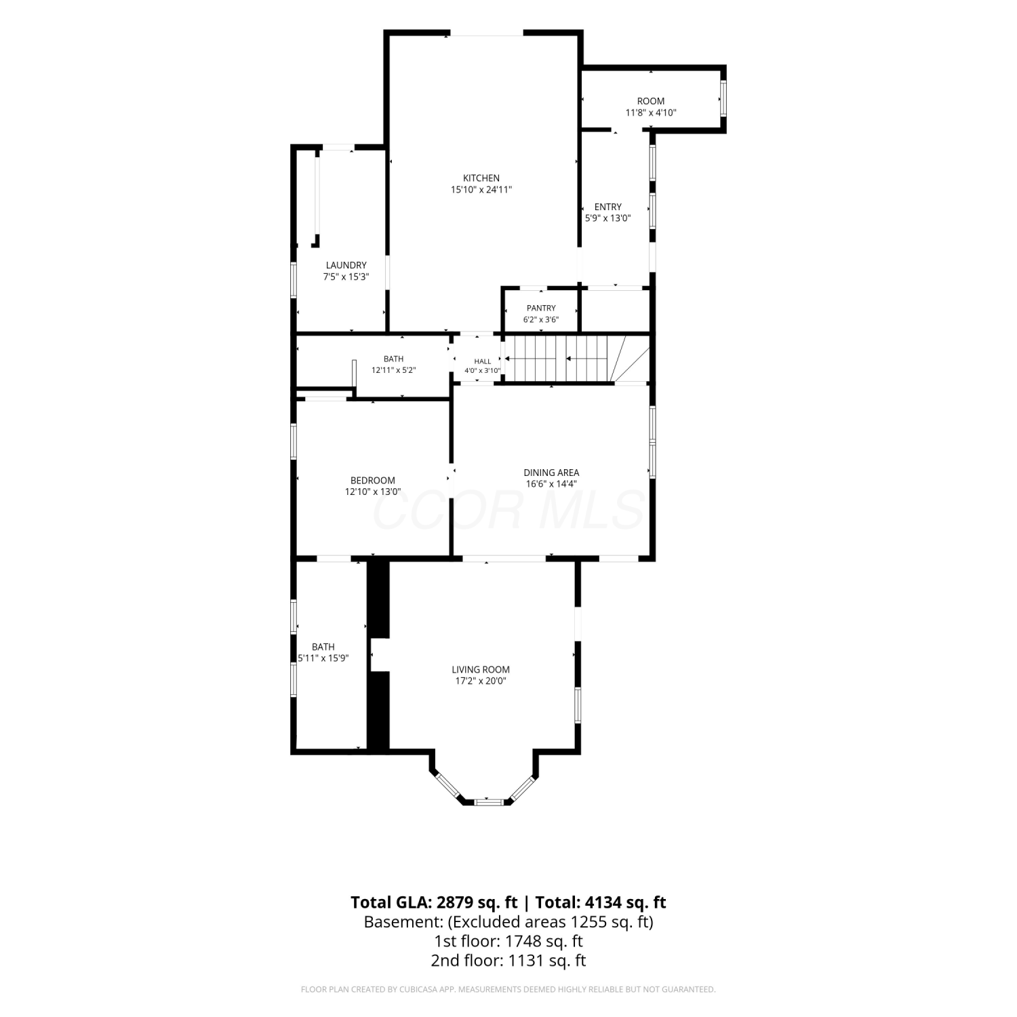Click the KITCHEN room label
481,178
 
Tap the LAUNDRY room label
346,265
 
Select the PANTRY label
541,308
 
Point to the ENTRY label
608,207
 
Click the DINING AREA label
551,473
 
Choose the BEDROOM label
373,481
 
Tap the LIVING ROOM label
481,670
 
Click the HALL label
483,361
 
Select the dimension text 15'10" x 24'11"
481,190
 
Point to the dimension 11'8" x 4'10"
651,113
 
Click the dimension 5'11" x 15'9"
323,658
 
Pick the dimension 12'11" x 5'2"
393,370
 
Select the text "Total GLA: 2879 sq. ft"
435,902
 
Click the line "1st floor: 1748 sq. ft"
509,941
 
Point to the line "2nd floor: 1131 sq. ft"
509,960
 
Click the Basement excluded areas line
509,922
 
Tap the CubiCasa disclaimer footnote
509,990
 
